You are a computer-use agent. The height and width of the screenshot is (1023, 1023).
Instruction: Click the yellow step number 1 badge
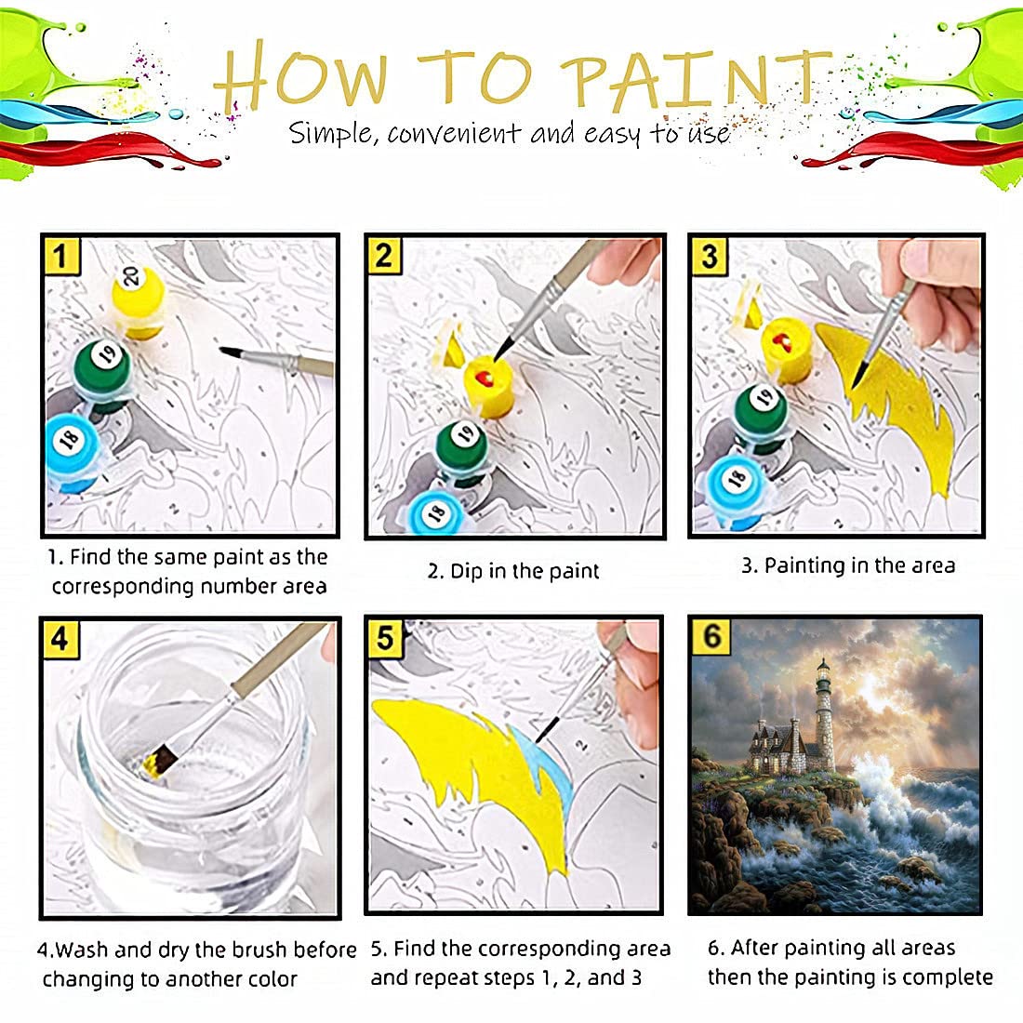click(x=62, y=255)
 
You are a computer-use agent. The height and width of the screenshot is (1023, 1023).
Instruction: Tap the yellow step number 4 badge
click(x=60, y=638)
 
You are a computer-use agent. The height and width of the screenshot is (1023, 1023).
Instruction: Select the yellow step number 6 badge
click(x=711, y=637)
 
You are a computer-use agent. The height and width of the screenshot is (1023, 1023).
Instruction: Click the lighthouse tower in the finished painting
click(x=824, y=716)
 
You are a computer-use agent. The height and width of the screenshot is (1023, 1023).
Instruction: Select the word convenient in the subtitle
click(x=454, y=134)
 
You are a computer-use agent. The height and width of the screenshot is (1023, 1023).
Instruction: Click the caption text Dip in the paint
click(x=514, y=571)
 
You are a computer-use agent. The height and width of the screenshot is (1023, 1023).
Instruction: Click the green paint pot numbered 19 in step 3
click(x=762, y=409)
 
